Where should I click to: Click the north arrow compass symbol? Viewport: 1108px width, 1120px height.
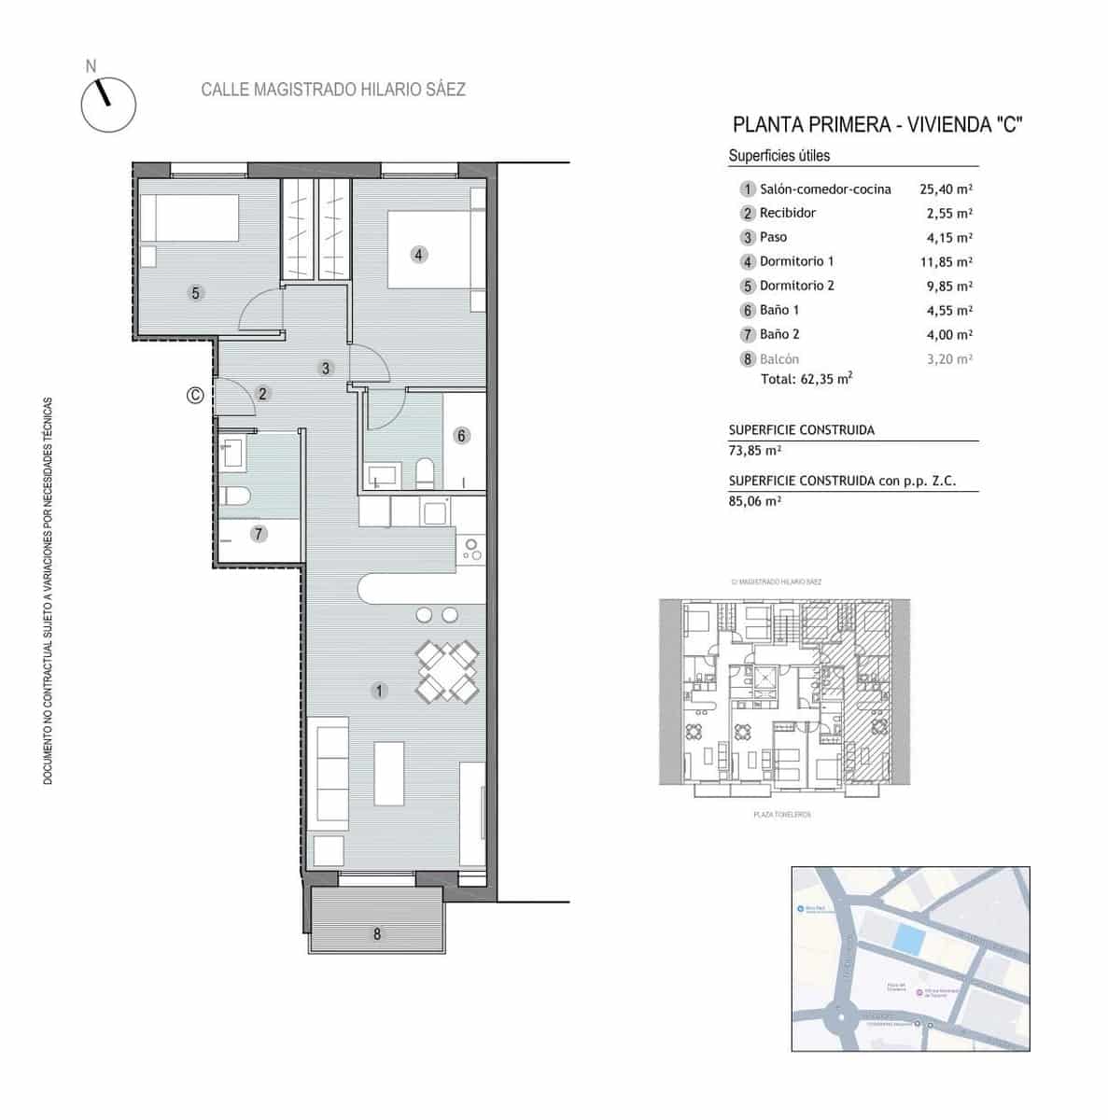(108, 104)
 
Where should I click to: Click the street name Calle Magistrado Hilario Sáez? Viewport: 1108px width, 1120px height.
(333, 90)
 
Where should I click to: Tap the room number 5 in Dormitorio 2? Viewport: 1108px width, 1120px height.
(195, 293)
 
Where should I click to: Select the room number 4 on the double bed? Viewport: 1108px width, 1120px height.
(419, 254)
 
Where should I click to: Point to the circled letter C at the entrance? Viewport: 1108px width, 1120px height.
(195, 395)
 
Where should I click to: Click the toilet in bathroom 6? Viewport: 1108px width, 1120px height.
(426, 473)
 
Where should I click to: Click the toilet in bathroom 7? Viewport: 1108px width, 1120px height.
(234, 496)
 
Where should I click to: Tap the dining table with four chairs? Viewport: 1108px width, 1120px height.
(447, 671)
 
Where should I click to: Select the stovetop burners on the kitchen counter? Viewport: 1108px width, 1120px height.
(470, 550)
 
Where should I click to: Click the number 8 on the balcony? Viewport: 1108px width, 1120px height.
(377, 933)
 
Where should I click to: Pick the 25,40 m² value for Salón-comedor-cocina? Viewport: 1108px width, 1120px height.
(946, 189)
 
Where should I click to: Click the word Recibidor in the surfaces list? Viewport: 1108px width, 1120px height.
(787, 213)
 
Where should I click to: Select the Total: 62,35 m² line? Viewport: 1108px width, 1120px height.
(806, 379)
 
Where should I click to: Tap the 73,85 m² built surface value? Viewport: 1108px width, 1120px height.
(754, 450)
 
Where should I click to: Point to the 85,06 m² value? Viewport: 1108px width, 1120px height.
(754, 500)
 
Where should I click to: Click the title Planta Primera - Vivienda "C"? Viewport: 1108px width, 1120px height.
(877, 125)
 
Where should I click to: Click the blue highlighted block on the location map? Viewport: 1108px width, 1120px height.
(905, 938)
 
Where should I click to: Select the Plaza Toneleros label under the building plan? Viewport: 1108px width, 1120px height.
(781, 815)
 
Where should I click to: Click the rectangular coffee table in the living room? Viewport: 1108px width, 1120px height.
(389, 773)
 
